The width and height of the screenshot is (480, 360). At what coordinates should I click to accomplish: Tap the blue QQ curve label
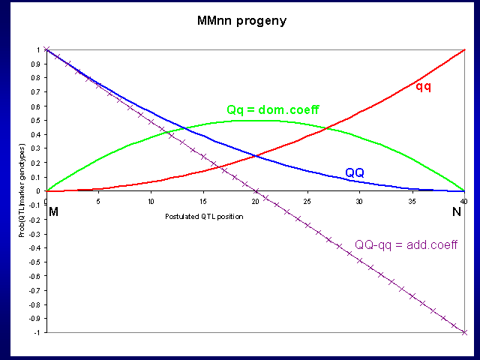click(x=355, y=173)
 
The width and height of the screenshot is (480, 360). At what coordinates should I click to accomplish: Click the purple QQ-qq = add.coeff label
click(x=406, y=245)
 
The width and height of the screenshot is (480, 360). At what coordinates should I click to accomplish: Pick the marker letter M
click(x=52, y=213)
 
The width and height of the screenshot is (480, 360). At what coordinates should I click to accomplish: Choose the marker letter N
click(x=457, y=213)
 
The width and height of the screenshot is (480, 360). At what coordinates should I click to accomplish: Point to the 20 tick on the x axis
click(x=255, y=200)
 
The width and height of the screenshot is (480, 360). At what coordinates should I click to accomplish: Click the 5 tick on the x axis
click(x=98, y=200)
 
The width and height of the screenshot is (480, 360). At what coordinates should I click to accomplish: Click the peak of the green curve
click(x=255, y=121)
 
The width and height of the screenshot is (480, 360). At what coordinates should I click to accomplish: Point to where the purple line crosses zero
click(x=255, y=191)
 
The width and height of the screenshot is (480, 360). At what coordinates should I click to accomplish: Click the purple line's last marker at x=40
click(x=464, y=332)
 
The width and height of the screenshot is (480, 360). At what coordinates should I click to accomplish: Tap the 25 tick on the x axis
click(x=307, y=200)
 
